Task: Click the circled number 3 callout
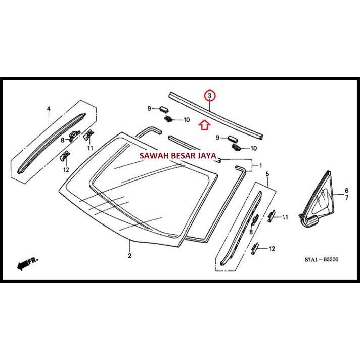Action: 209,94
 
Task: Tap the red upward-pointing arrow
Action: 204,124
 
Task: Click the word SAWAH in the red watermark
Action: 155,157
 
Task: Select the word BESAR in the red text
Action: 186,157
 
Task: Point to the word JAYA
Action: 213,157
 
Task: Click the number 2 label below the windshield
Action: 129,256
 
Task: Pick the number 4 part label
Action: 49,109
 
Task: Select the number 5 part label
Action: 267,174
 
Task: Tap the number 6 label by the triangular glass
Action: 347,191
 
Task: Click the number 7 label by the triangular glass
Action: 347,198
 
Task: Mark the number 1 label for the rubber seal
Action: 260,166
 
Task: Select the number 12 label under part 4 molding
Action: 66,170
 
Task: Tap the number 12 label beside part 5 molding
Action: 272,248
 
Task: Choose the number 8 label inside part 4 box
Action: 63,140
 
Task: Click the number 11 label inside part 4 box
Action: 91,148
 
